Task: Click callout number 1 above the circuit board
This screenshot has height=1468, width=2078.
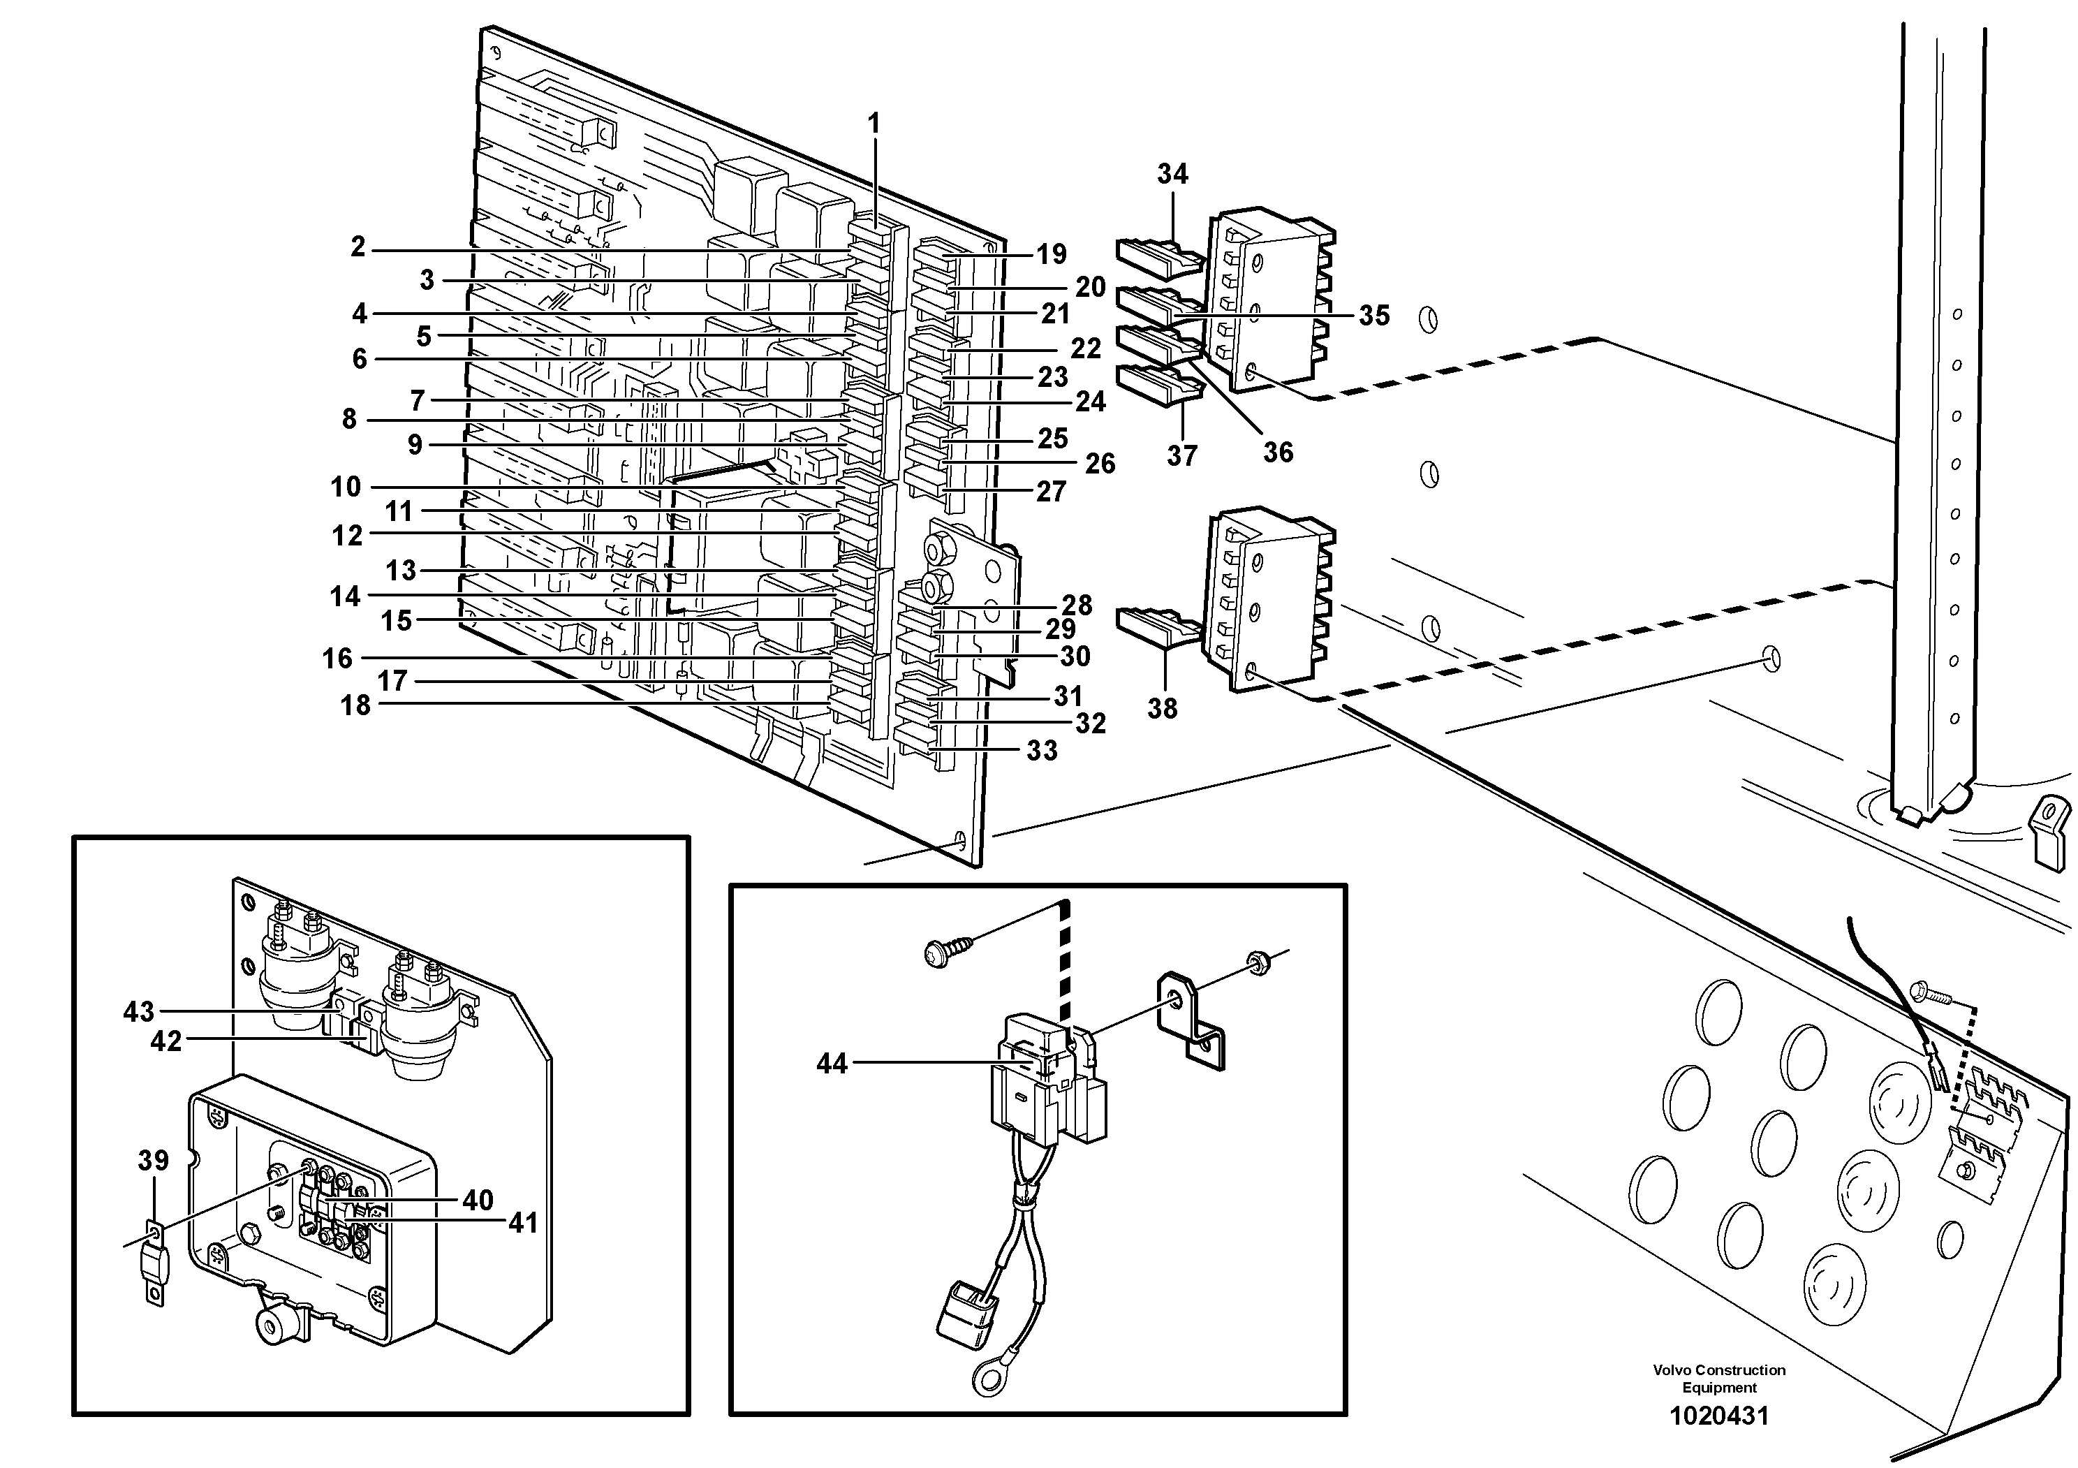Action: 874,123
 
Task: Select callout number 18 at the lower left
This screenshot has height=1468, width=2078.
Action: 355,705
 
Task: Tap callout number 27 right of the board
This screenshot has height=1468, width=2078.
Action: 1051,492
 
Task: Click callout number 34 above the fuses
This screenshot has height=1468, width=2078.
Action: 1172,174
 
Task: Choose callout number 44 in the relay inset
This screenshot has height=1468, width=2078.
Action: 832,1064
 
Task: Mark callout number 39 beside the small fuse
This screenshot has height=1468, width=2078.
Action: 154,1160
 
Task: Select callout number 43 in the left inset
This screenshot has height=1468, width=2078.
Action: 138,1012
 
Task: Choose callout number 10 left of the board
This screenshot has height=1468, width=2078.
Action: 346,487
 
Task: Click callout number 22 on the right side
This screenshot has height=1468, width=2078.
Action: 1085,348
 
